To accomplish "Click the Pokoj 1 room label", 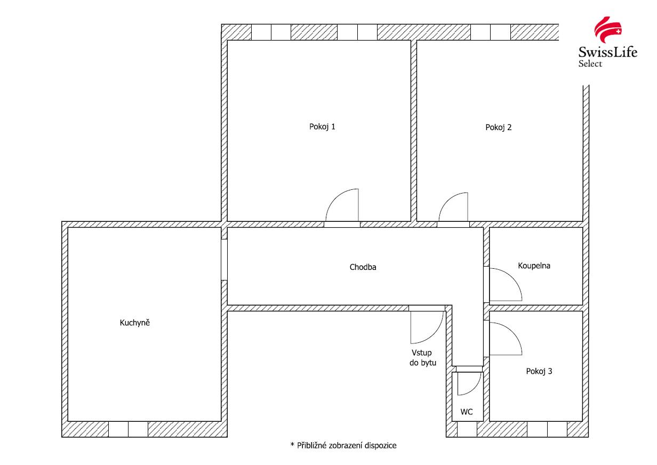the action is [322, 127].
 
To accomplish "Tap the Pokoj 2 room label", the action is [498, 127].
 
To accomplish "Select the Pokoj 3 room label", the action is [539, 371].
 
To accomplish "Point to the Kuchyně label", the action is [134, 323].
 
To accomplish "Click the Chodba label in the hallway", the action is [363, 267].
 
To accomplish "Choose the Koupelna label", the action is [534, 266].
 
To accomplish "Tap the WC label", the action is [466, 412].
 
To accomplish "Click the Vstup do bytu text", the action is [423, 358].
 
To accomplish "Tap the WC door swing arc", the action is [475, 388].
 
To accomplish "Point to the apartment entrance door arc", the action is [434, 334].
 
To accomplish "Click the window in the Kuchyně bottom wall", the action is [128, 429].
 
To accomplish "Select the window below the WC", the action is [467, 429].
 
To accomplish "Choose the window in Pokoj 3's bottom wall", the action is [547, 429].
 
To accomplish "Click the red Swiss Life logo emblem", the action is [608, 30].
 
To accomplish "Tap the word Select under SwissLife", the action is [590, 63].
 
